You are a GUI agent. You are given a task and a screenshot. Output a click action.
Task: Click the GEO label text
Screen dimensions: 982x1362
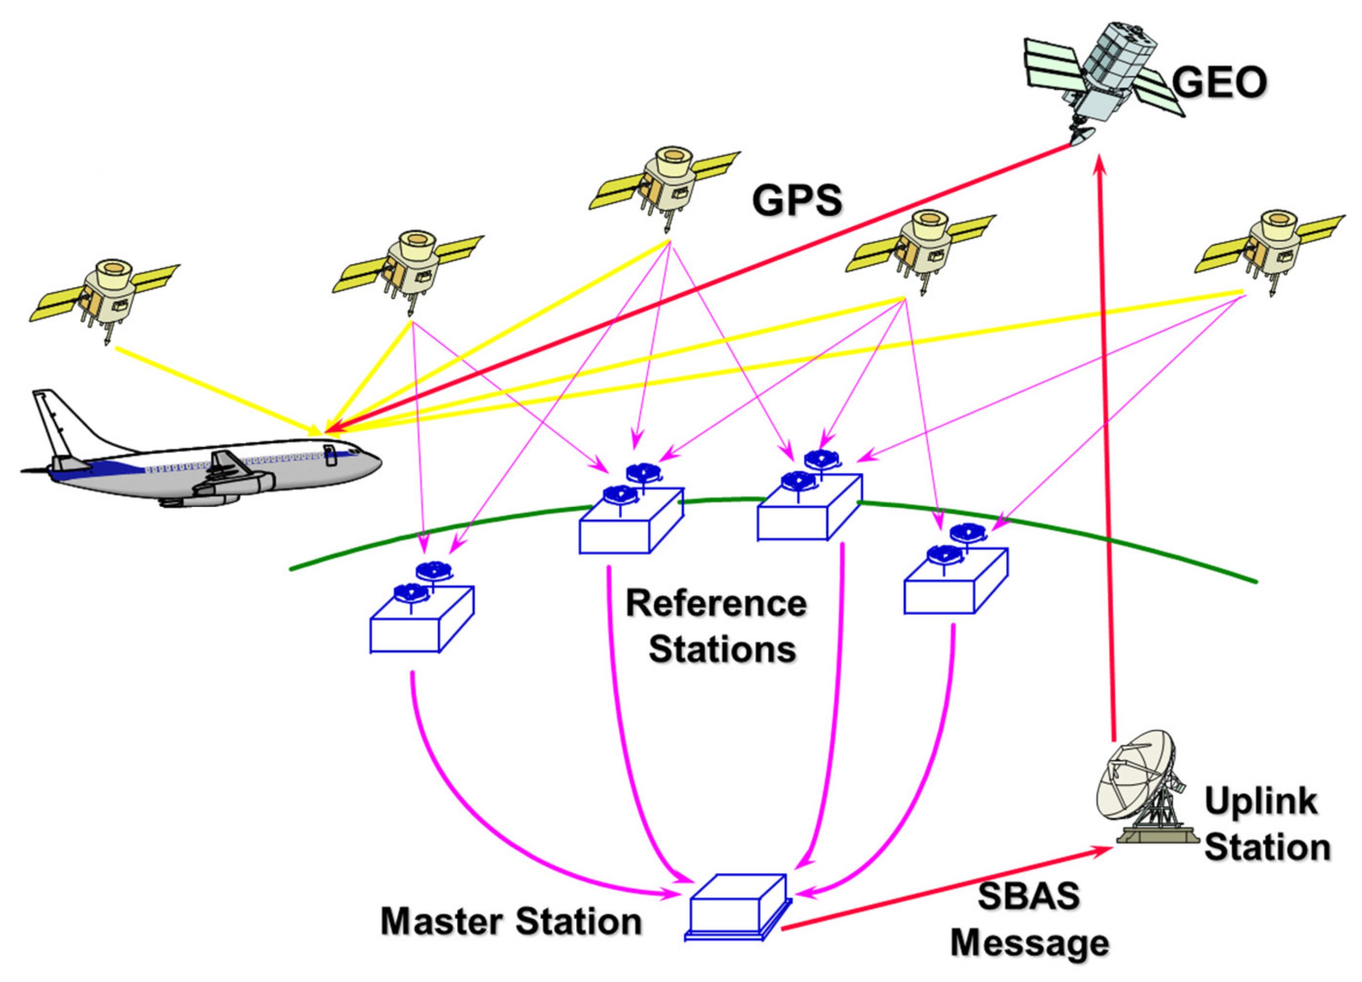(x=1219, y=82)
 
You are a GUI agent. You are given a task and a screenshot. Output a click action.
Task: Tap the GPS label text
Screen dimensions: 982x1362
(x=797, y=200)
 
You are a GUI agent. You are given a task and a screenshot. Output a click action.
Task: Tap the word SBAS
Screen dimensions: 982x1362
(x=1028, y=895)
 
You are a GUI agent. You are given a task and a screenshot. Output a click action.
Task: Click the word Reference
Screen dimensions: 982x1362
(x=716, y=603)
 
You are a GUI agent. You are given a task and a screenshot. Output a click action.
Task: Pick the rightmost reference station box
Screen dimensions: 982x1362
(x=955, y=582)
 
